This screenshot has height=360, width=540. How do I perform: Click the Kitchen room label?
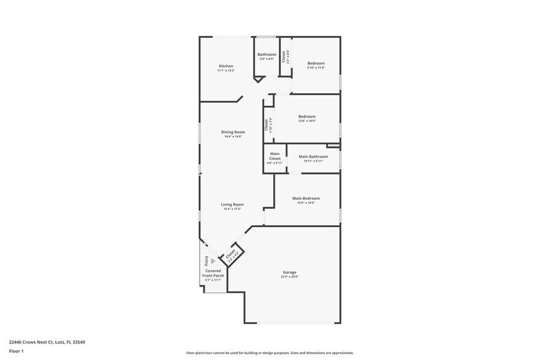click(x=226, y=66)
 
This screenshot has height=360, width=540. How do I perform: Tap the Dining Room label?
click(x=233, y=132)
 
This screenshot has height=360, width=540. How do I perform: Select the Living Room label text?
click(x=233, y=204)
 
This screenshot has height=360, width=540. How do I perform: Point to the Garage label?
click(x=289, y=272)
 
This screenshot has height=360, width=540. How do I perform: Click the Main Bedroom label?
click(x=306, y=198)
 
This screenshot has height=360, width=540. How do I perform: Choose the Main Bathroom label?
click(x=313, y=157)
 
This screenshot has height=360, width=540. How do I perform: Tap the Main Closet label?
click(x=275, y=156)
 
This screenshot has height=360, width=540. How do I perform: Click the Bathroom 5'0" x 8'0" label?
click(x=266, y=54)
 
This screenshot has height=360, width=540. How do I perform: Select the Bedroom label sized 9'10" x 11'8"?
click(x=315, y=63)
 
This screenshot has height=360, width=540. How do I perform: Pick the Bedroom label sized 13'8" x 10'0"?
click(x=307, y=116)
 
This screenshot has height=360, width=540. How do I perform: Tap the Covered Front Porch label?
click(x=213, y=273)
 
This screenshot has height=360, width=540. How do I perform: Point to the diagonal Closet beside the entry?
click(x=231, y=252)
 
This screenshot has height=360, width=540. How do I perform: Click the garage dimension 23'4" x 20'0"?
click(x=289, y=277)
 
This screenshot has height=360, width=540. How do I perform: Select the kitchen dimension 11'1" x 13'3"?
click(x=226, y=70)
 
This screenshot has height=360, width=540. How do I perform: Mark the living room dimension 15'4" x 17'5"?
click(x=233, y=209)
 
